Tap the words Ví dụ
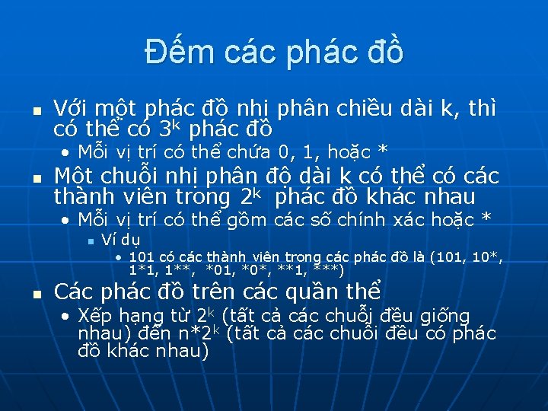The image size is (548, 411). (116, 241)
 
